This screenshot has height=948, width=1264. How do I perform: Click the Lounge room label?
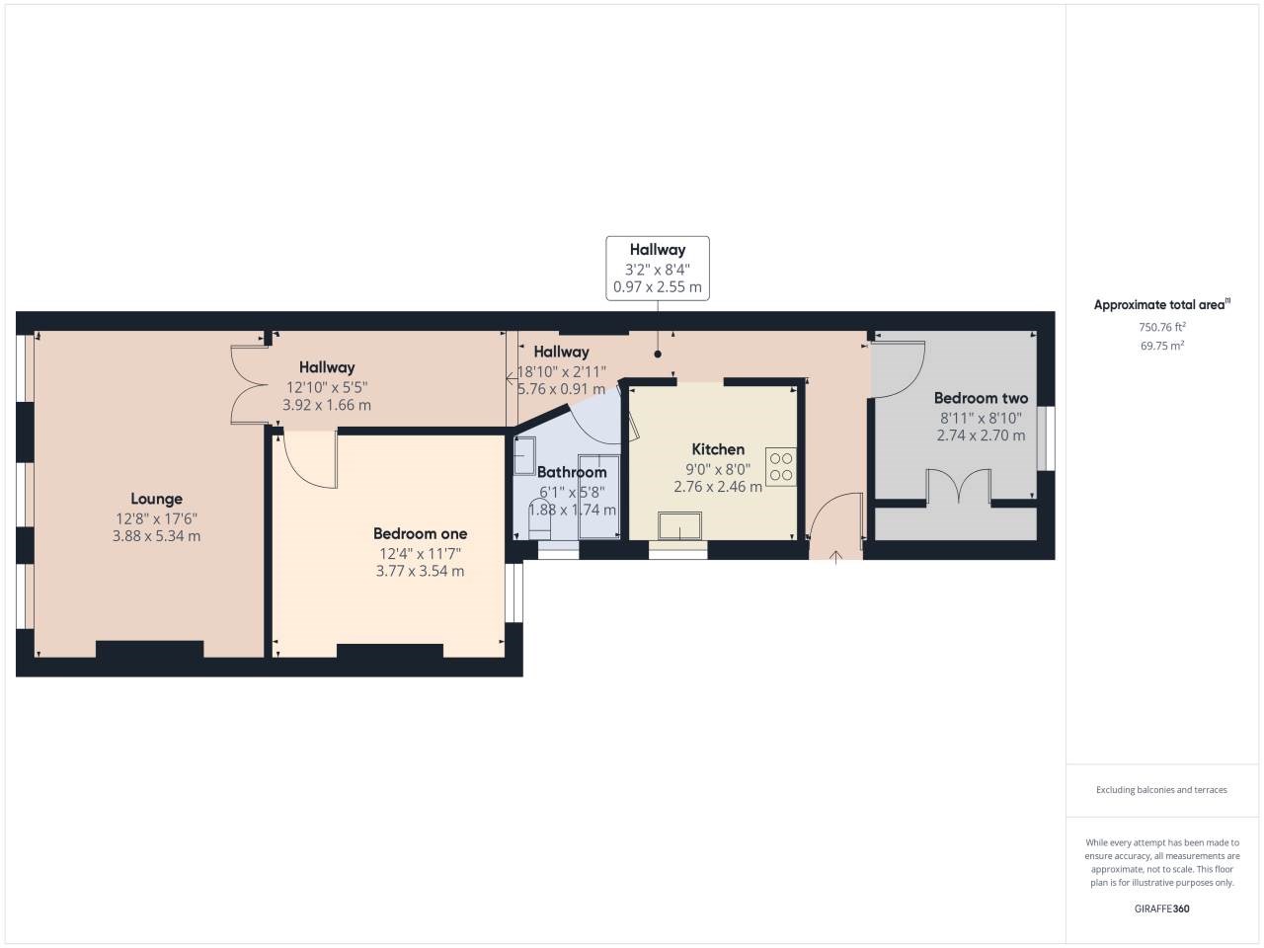[156, 499]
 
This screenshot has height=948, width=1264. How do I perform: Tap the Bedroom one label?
[420, 533]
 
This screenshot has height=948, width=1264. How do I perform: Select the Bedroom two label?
[981, 398]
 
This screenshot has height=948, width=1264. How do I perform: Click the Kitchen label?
[718, 449]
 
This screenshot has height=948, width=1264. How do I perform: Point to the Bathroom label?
[572, 472]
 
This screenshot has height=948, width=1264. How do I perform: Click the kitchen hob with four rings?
[781, 467]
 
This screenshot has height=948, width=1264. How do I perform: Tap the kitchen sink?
[679, 525]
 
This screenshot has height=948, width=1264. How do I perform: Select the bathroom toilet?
[539, 521]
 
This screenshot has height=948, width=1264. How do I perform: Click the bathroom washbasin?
[524, 456]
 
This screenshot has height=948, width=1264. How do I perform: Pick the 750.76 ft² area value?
[1162, 327]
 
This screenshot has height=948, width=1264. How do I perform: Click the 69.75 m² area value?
[1162, 346]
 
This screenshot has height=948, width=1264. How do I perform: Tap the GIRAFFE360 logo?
[1161, 908]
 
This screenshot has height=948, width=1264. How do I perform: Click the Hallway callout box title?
[657, 250]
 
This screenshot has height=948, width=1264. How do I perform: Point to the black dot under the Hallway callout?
[658, 354]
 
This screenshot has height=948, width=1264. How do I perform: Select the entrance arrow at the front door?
[835, 557]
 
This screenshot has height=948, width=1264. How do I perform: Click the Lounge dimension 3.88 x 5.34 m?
[156, 536]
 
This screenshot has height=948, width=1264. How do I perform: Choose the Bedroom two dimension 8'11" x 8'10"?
[981, 418]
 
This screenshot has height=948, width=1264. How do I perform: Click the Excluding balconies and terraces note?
[1161, 790]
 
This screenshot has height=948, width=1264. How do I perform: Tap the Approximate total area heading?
[1162, 304]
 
